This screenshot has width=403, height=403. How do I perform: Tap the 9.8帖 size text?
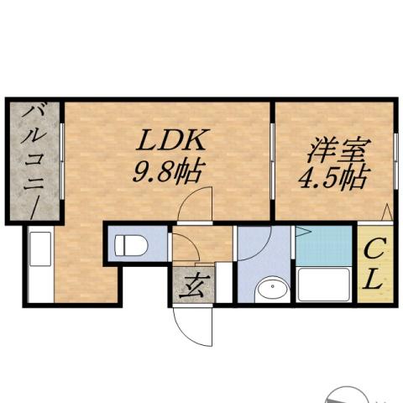click(x=167, y=173)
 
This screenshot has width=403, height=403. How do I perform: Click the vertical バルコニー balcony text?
click(x=34, y=160)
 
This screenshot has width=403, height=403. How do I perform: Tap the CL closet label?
click(x=374, y=264)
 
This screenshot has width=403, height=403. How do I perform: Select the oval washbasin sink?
click(x=271, y=290)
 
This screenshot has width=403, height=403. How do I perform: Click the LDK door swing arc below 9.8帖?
click(x=199, y=204)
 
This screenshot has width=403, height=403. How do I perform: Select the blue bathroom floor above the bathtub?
click(x=324, y=245)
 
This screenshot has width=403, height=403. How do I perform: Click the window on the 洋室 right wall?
click(x=395, y=160)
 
